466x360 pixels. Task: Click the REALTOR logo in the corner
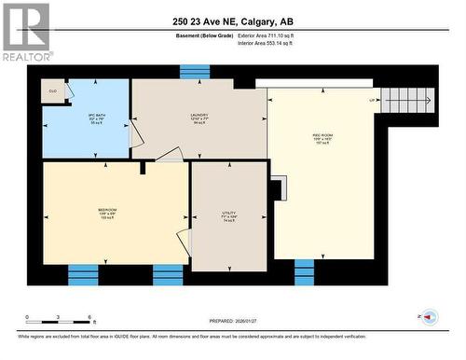[26, 32]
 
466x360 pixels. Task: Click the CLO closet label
[53, 91]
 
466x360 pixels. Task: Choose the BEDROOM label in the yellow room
[107, 213]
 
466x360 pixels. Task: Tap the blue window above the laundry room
[195, 72]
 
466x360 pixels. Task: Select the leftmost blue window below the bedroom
[83, 274]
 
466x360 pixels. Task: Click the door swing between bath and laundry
[135, 134]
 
